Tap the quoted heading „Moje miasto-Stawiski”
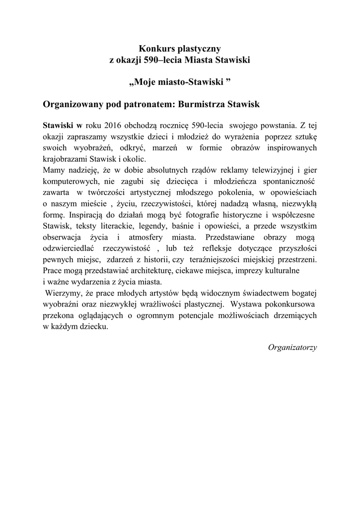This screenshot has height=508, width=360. tap(180, 80)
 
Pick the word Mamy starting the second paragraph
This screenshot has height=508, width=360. tap(54, 171)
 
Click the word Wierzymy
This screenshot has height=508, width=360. tap(62, 294)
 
